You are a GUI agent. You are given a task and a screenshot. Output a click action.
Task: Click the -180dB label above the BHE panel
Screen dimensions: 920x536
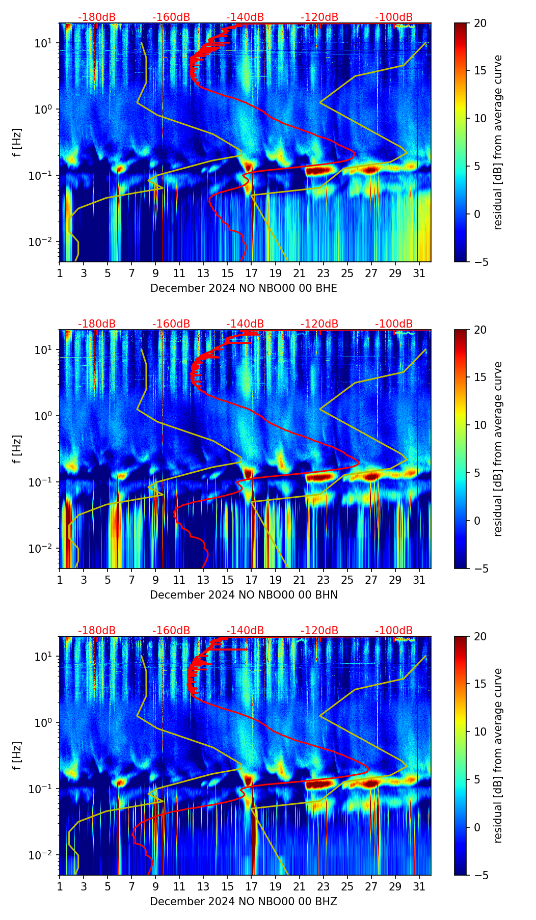coord(97,17)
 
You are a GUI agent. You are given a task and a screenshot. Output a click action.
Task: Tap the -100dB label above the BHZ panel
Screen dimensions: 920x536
coord(394,631)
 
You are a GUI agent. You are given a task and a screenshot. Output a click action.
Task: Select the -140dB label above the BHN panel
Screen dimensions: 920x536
coord(245,324)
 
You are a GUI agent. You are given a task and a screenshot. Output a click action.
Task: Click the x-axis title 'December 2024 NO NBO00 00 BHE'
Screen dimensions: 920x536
coord(244,288)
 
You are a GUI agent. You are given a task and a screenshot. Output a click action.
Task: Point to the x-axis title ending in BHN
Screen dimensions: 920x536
coord(244,595)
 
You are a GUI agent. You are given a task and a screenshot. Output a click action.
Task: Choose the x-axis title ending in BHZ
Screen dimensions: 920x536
coord(244,902)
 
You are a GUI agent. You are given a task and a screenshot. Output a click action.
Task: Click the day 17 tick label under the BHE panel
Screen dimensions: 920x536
coord(251,274)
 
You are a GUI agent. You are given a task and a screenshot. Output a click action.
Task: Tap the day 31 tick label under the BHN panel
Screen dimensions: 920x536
coord(419,580)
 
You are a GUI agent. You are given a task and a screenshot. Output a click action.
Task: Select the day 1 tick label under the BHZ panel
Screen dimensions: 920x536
coord(60,887)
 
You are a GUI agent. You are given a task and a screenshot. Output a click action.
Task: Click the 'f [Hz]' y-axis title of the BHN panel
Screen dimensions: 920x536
coord(18,449)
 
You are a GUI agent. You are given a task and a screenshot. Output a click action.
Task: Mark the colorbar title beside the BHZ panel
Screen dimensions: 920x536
coord(498,755)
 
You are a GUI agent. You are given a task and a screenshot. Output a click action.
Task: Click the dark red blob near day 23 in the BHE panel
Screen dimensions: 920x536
coord(321,171)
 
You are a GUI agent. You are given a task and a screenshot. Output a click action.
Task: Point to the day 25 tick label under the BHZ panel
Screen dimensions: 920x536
coord(347,887)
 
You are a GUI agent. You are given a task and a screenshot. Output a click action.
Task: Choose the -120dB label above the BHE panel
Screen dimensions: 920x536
coord(319,17)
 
